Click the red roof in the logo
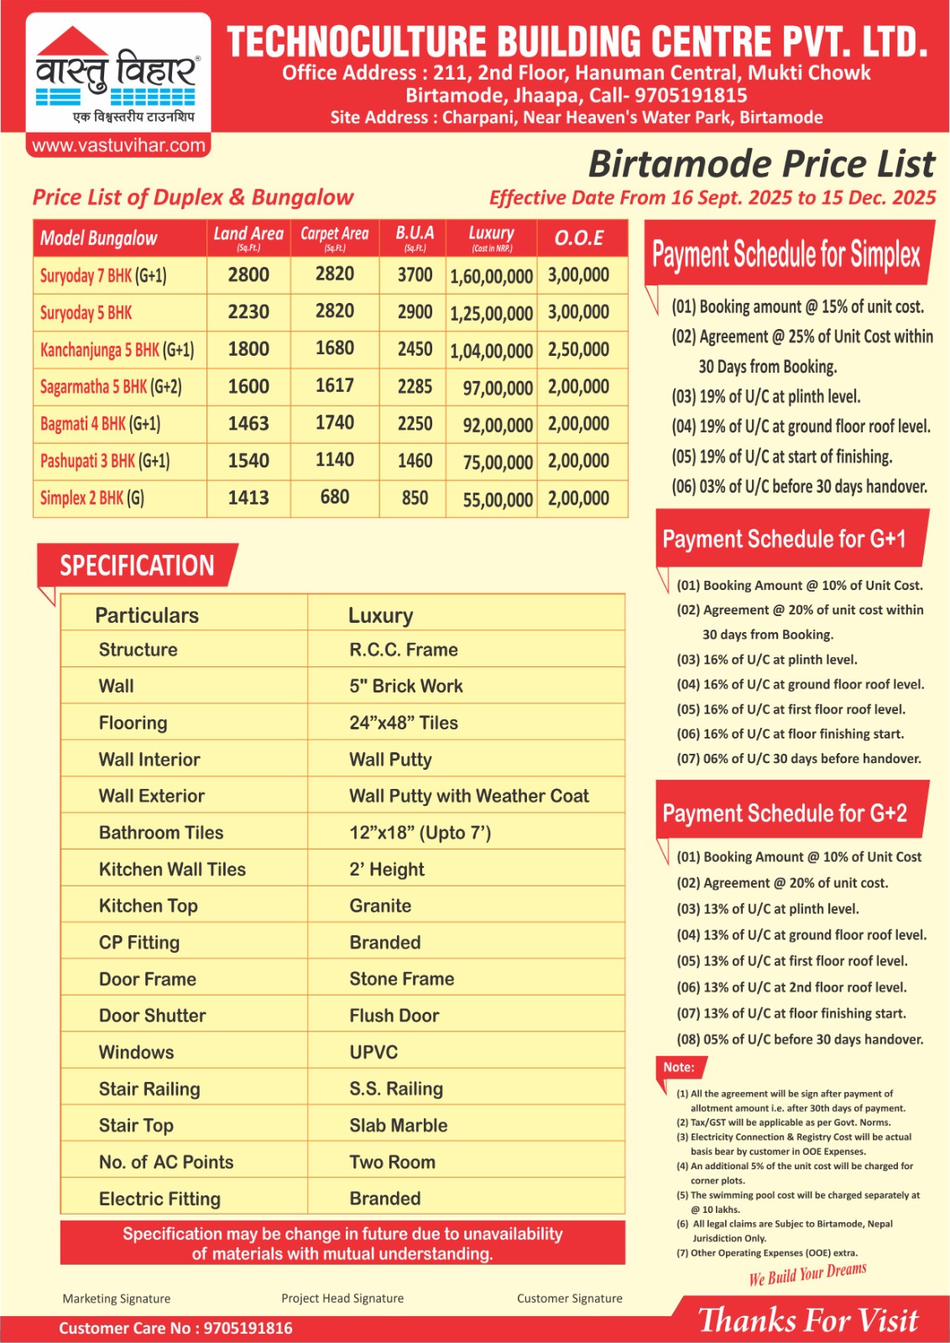(73, 44)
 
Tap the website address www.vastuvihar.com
(118, 145)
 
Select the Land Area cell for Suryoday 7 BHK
(248, 274)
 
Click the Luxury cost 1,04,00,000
(491, 350)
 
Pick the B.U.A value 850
(415, 498)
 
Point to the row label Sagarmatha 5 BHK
(111, 387)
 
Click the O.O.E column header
(579, 238)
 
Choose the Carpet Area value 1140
(334, 460)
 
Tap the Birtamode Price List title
(761, 164)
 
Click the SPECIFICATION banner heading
(137, 566)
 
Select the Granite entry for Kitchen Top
(380, 906)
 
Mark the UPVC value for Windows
(373, 1052)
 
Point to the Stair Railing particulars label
(149, 1089)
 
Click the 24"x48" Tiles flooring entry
(404, 723)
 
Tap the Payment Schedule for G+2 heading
(785, 813)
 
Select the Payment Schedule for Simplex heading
(786, 253)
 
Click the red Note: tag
(679, 1067)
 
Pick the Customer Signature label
(569, 1298)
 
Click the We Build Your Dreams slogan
(807, 1274)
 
